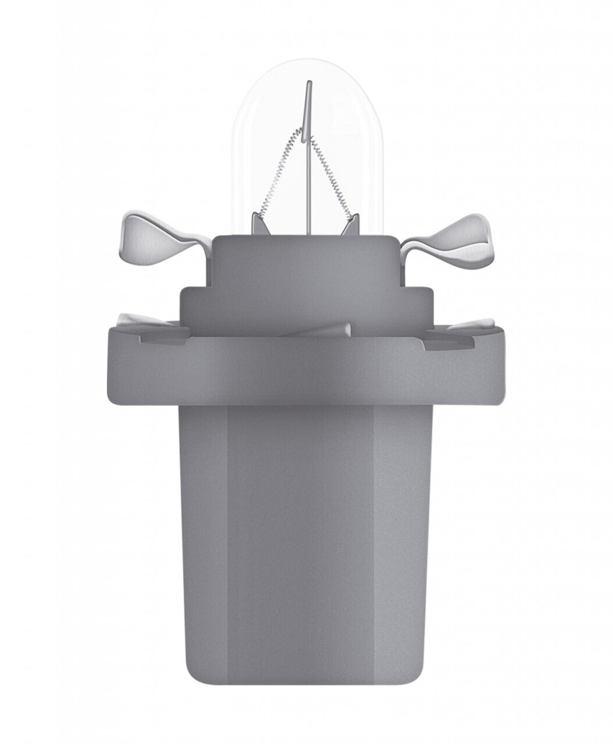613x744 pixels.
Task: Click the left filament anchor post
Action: (259, 224)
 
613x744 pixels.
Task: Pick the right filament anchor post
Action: (351, 224)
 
